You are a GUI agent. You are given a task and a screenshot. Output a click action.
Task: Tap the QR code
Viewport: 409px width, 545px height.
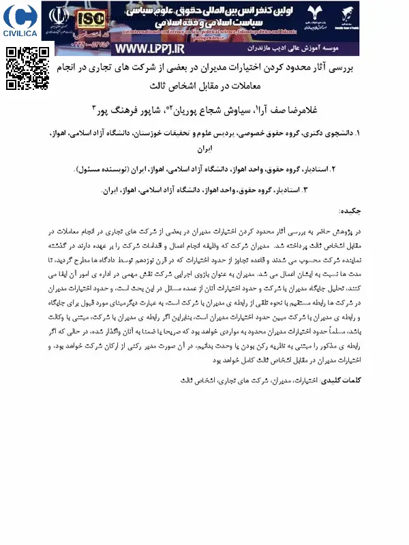(x=27, y=68)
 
